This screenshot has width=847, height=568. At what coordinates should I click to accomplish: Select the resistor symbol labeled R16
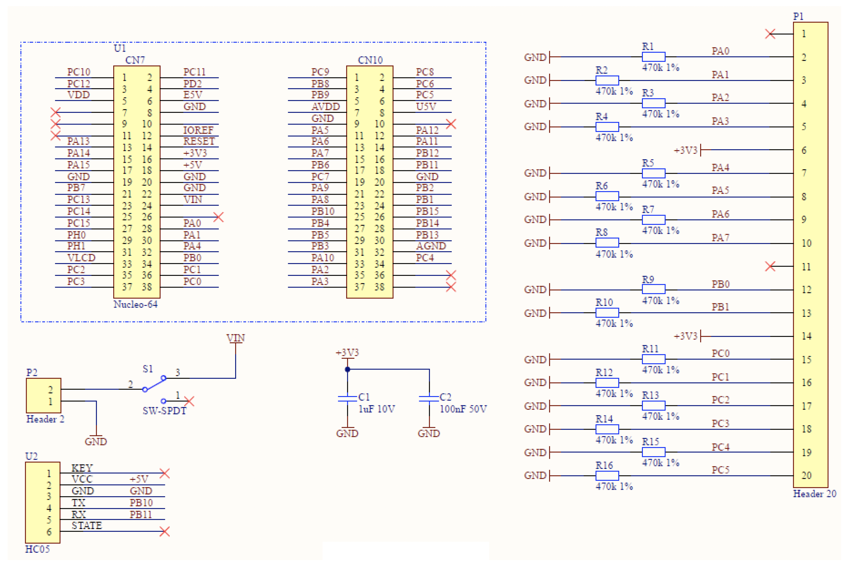607,475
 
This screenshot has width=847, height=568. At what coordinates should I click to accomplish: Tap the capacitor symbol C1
347,398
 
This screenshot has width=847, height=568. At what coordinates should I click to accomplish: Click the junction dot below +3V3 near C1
347,370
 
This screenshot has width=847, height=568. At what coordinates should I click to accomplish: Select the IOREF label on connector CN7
198,130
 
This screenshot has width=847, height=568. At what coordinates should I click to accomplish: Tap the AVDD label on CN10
326,106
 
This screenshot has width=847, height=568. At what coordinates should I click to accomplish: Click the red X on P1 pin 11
770,267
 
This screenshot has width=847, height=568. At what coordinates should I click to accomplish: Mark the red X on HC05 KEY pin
164,473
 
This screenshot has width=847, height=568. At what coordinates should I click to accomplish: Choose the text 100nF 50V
463,409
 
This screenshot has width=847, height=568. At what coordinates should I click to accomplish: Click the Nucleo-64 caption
135,304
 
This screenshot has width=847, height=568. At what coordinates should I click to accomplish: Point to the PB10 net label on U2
141,503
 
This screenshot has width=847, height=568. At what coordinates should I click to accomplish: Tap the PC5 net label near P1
720,470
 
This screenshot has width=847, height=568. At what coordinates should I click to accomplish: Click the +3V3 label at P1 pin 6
685,150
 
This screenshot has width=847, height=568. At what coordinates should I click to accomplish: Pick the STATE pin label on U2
87,526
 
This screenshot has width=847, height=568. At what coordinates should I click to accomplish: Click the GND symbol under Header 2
96,441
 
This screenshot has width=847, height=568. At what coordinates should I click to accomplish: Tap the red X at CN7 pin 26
218,217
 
